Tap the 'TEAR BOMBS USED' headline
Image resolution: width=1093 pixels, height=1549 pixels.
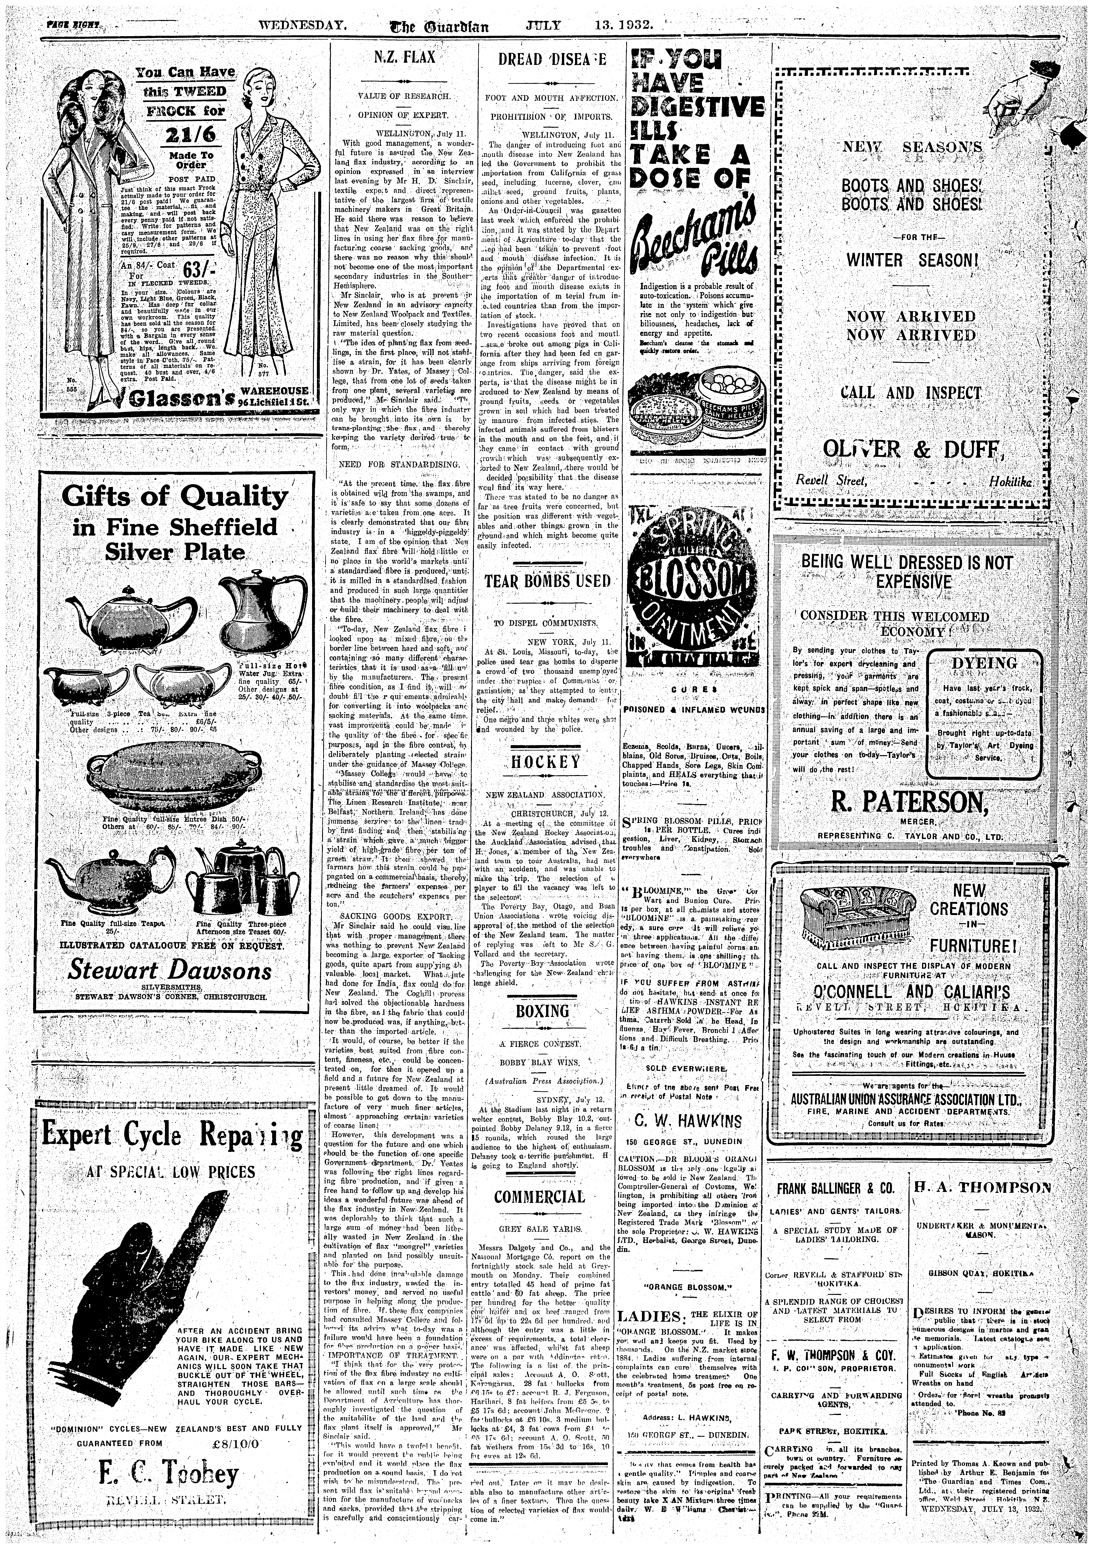coord(547,581)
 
